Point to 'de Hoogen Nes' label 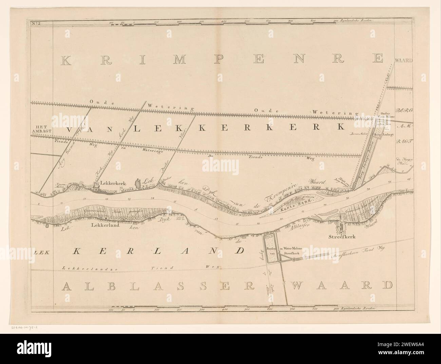pos(403,161)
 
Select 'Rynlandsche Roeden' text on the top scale pos(356,21)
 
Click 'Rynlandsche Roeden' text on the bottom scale pos(356,309)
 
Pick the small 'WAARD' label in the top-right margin pos(403,61)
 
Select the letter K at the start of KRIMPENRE pos(67,60)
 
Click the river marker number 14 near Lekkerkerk pos(152,198)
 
